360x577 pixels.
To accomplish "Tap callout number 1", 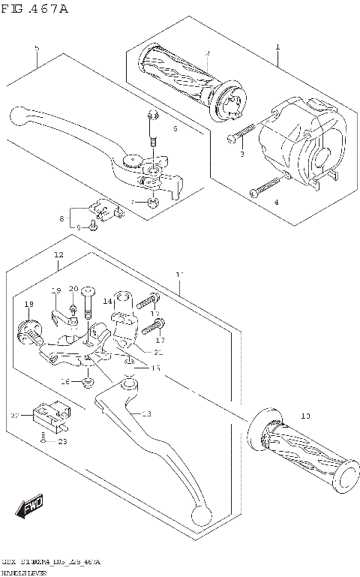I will (277, 47).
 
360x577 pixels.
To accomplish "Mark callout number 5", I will (36, 49).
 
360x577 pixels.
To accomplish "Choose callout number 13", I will (145, 414).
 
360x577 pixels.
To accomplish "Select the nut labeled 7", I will (153, 201).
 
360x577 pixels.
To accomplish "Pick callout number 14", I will (107, 302).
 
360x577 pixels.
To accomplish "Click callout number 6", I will (175, 129).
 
